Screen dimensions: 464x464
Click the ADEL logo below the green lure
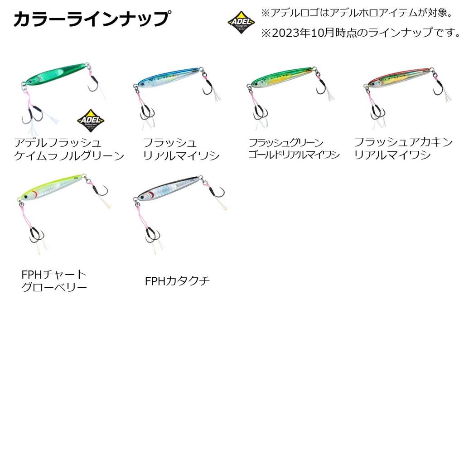tap(90, 120)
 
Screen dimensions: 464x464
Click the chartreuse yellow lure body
tap(52, 187)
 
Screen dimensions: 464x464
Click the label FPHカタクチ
tap(177, 281)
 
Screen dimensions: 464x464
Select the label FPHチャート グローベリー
tap(54, 281)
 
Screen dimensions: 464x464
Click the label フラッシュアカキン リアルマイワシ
tap(403, 149)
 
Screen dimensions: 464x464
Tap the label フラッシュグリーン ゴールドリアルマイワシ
tap(294, 149)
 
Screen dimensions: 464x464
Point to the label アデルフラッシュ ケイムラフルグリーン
tap(68, 150)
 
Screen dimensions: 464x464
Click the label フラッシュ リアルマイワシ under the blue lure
tap(181, 149)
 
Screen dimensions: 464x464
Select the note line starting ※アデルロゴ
tap(357, 12)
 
